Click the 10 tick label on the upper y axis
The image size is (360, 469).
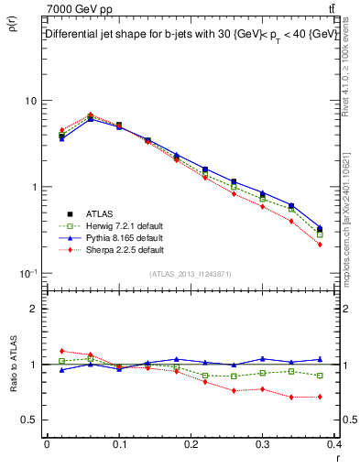coord(30,101)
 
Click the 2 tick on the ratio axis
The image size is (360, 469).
coord(34,310)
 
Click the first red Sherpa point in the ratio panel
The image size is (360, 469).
coord(61,351)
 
